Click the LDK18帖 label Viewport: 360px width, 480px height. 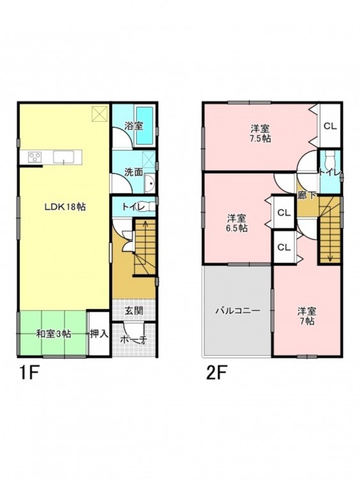[65, 207]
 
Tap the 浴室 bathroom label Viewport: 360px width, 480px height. [134, 126]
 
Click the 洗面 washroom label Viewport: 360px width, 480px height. [134, 172]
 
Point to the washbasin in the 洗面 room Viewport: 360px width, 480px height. [150, 184]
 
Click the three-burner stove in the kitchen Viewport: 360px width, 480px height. [35, 157]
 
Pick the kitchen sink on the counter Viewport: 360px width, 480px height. [63, 157]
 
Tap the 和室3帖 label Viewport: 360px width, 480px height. [54, 333]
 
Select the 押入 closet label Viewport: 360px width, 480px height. [99, 333]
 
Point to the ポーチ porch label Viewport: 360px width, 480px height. [134, 339]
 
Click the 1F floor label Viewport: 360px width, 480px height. [28, 374]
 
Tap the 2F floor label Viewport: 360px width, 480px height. [216, 374]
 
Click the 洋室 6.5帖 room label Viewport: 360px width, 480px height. [237, 223]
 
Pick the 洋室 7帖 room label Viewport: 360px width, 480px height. [307, 316]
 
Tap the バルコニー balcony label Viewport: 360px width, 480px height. [238, 311]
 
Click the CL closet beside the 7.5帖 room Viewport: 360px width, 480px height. [330, 126]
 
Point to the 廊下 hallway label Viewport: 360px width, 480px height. [307, 196]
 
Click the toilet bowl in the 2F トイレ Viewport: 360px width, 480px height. [329, 159]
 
